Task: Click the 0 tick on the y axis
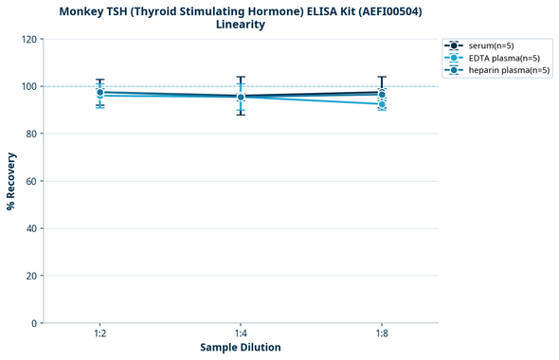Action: (33, 323)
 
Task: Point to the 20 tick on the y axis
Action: (31, 276)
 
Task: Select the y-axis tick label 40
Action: (31, 228)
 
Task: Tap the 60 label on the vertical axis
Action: (31, 181)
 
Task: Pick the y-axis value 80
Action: (31, 134)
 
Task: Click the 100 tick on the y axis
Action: (28, 86)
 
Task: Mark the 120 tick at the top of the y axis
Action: (28, 39)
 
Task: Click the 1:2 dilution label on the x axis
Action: (99, 333)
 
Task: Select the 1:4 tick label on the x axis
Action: (241, 333)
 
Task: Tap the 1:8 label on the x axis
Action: (382, 333)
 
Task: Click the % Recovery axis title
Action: (11, 181)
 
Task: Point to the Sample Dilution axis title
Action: (241, 348)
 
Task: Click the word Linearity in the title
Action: (241, 25)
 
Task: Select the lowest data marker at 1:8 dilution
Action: (382, 104)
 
